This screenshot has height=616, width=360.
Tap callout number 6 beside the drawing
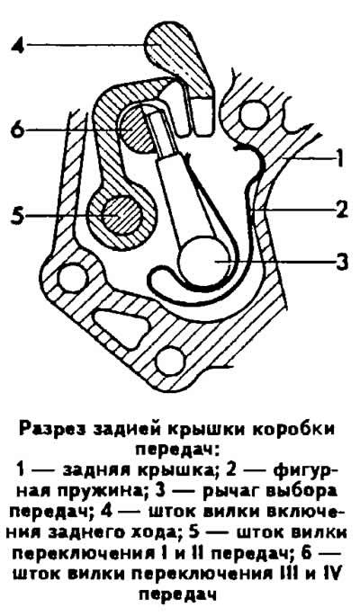pyautogui.click(x=19, y=129)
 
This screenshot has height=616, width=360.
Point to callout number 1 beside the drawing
pyautogui.click(x=340, y=159)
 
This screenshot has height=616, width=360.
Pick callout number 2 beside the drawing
pyautogui.click(x=342, y=210)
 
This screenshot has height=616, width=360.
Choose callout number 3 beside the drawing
pyautogui.click(x=341, y=262)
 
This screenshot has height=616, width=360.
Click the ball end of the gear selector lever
pyautogui.click(x=201, y=259)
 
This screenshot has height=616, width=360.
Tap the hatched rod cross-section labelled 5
pyautogui.click(x=121, y=215)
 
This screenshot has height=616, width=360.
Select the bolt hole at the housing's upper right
pyautogui.click(x=254, y=114)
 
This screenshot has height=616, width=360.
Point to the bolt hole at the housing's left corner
pyautogui.click(x=72, y=278)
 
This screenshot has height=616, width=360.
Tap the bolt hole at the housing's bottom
pyautogui.click(x=170, y=361)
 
